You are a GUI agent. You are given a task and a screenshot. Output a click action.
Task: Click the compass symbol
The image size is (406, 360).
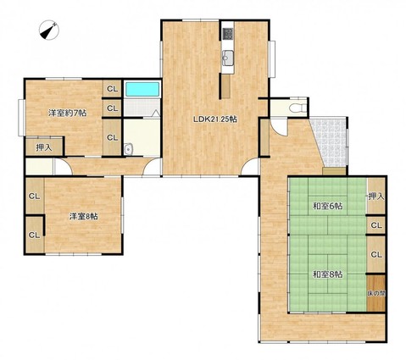coord(49,30)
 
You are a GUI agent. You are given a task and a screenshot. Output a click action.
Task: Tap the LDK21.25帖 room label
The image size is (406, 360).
coord(215,119)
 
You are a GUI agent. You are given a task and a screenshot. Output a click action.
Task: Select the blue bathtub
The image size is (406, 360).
coord(142,89)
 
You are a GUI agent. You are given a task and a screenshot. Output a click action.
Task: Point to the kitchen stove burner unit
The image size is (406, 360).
coord(228,34)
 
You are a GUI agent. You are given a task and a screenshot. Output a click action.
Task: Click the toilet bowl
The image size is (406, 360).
coord(298,108)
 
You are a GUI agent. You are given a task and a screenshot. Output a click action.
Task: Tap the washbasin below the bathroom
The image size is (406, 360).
coord(128,149)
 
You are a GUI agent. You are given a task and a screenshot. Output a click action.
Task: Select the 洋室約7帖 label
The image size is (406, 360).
coord(67,114)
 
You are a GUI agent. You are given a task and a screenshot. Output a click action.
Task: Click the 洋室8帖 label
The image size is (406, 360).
coord(84,217)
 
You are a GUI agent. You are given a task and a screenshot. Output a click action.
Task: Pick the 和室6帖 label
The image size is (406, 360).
coord(327,206)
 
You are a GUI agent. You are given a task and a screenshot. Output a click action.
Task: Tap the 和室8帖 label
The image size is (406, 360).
coord(327,274)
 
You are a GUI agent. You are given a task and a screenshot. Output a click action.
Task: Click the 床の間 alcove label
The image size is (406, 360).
coord(376,293)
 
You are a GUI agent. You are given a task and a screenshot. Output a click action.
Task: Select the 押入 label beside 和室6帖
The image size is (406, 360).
coord(376,197)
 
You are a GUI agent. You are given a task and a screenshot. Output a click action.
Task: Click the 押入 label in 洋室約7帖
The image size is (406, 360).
coord(44,147)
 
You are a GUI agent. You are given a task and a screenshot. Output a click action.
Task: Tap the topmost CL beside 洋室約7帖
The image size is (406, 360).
coord(112,89)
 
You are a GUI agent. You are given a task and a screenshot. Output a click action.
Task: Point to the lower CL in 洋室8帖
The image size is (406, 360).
coord(35,235)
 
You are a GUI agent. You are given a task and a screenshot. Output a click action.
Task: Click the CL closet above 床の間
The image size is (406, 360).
coord(376,254)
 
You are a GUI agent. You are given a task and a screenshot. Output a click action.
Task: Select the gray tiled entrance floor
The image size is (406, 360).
coord(331,141)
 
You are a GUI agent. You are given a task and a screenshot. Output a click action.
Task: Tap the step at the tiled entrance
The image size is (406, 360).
coord(334,171)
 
